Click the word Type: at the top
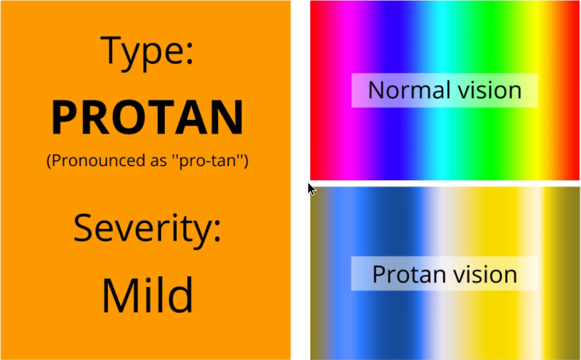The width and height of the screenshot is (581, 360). coord(148,52)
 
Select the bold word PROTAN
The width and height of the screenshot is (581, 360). coord(148,118)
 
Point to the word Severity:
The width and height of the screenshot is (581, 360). coord(148,229)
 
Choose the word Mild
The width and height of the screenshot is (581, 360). coord(148,295)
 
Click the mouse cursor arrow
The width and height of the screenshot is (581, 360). coord(311,188)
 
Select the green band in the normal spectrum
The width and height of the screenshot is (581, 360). coord(490,43)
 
